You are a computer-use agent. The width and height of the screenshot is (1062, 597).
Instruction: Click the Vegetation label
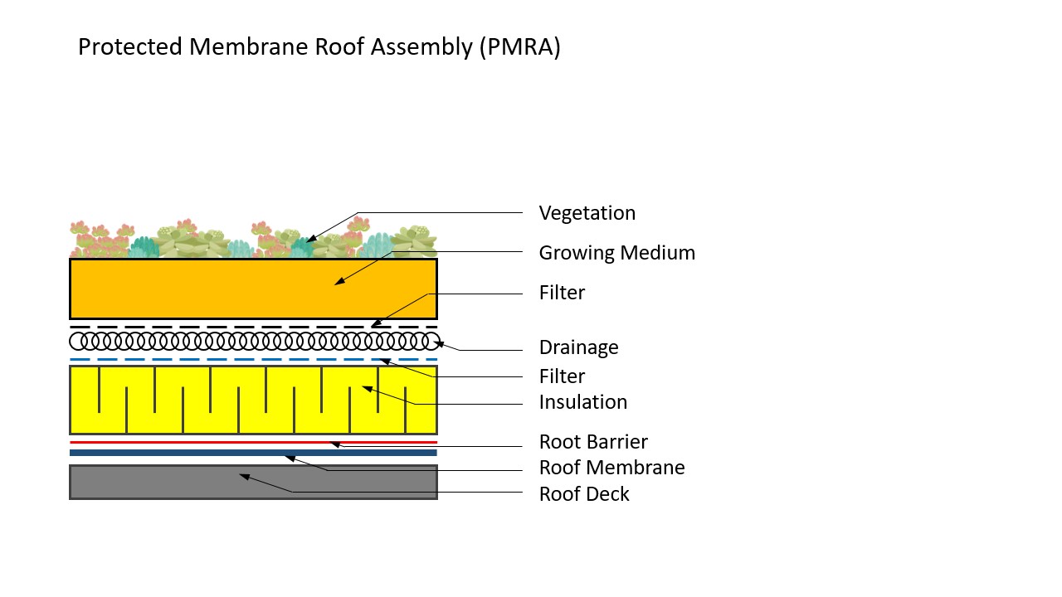[x=587, y=213]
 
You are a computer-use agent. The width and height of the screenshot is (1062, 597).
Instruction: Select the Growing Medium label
[x=616, y=253]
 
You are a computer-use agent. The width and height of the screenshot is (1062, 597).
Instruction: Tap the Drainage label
[x=578, y=347]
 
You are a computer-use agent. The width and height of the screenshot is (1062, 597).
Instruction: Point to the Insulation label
[x=582, y=402]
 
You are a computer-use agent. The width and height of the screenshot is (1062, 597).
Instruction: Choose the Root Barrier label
[x=592, y=442]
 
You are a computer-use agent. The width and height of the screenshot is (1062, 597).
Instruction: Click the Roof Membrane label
[x=611, y=468]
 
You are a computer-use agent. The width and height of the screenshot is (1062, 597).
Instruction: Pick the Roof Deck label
[x=584, y=494]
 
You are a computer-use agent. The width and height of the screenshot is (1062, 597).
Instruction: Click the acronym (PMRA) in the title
[x=519, y=47]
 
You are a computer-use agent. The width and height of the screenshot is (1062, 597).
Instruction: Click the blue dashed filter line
[x=249, y=359]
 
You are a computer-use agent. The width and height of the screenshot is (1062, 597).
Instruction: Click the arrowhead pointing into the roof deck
[x=243, y=476]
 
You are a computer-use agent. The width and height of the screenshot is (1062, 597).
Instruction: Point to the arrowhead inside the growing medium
[x=339, y=283]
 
